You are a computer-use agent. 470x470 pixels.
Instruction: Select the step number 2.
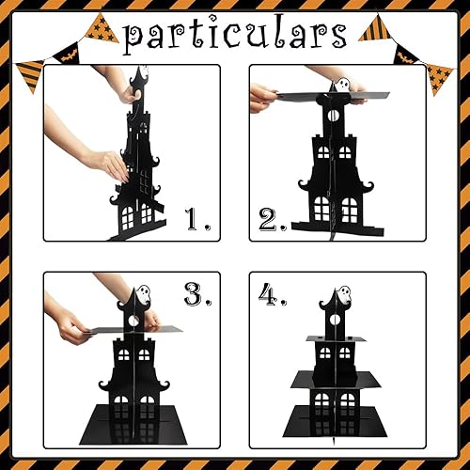[273, 220]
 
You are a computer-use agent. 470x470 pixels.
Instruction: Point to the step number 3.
[196, 294]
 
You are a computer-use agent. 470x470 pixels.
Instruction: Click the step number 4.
[273, 294]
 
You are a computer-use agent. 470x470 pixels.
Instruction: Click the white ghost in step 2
[341, 86]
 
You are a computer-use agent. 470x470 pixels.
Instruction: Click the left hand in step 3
[70, 325]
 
